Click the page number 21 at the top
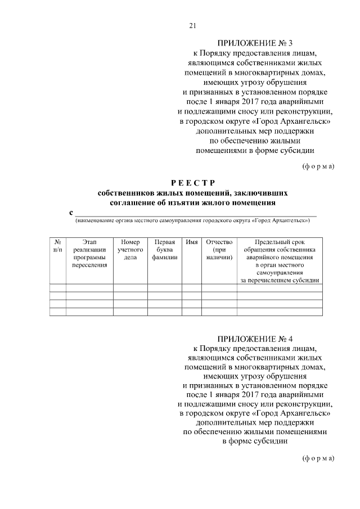coord(192,25)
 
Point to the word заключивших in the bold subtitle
coord(265,193)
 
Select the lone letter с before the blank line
coord(71,213)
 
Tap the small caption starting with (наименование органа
coord(193,220)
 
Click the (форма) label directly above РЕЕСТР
coord(319,166)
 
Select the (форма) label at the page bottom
coord(319,458)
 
